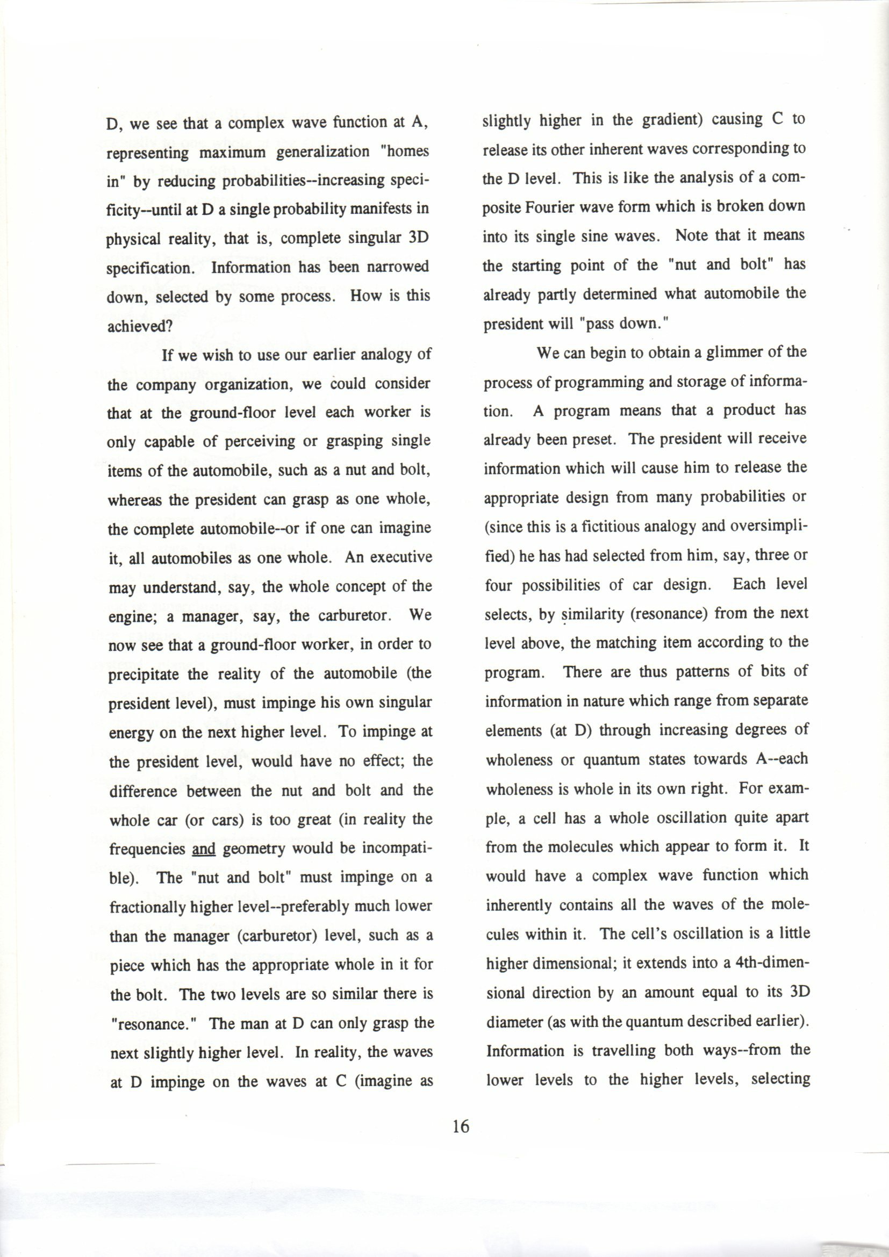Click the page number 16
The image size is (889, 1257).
click(x=461, y=1126)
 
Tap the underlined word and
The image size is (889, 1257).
click(x=204, y=849)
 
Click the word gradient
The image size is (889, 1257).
click(x=672, y=120)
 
